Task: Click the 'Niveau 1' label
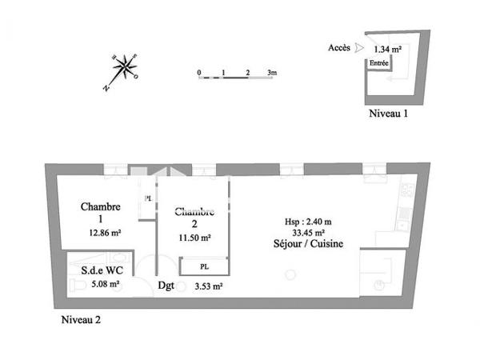(x=389, y=114)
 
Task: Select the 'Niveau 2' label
(x=82, y=320)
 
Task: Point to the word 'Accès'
(x=338, y=48)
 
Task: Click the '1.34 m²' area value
(x=387, y=49)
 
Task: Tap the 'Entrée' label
(x=379, y=62)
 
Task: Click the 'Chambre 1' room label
(x=101, y=213)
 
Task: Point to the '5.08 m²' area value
(x=104, y=283)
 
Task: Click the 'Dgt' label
(x=167, y=285)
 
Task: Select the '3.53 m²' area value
(x=209, y=285)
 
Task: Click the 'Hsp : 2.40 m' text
(x=308, y=222)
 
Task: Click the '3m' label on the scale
(x=272, y=73)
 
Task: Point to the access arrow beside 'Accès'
(x=358, y=48)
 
